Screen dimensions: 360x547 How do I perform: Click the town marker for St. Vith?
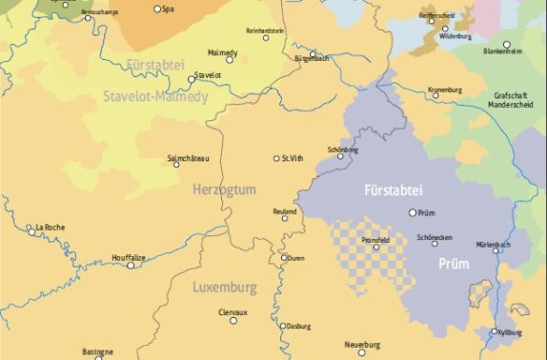[x=276, y=158]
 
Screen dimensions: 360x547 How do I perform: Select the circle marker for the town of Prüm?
[x=413, y=212]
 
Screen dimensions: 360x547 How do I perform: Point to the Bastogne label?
[x=98, y=351]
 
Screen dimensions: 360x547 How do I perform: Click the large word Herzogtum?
[x=224, y=190]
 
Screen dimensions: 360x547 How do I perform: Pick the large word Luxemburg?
[x=225, y=287]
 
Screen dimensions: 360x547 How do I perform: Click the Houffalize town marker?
[x=132, y=265]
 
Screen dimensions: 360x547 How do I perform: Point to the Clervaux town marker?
[x=233, y=320]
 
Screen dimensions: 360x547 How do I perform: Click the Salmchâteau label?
[x=188, y=158]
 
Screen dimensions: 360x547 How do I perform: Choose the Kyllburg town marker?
[x=494, y=331]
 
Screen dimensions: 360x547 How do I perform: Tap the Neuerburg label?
[x=362, y=344]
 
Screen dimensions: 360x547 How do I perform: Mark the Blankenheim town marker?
[x=506, y=44]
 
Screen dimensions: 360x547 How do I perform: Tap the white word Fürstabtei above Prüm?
[x=391, y=191]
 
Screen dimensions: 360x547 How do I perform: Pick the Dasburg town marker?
[x=284, y=326]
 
